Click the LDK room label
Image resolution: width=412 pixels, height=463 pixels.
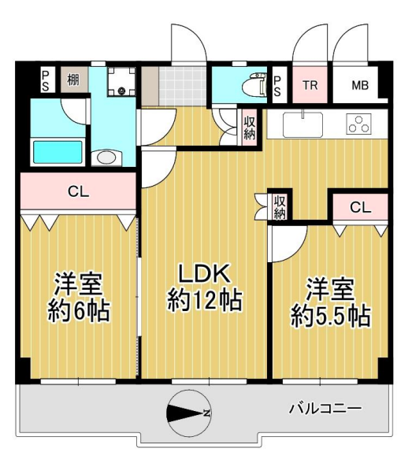[x=205, y=274]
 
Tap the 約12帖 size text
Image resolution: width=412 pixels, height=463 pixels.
[x=205, y=301]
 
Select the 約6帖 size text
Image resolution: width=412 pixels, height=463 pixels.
[x=79, y=310]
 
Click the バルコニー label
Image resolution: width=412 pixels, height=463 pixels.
[x=325, y=409]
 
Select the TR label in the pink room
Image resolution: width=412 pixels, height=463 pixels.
[x=310, y=85]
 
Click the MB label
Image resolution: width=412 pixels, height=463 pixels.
[x=360, y=85]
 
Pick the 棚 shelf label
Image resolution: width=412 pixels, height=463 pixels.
[x=73, y=80]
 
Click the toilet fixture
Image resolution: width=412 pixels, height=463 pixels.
[x=254, y=86]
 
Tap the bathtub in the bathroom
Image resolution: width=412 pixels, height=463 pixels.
[x=58, y=152]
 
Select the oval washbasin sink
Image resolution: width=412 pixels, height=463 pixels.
[x=106, y=157]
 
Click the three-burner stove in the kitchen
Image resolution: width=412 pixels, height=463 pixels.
[x=358, y=124]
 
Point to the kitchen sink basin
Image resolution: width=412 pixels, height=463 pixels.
[x=303, y=125]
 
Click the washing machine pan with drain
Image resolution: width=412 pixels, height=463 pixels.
[x=121, y=82]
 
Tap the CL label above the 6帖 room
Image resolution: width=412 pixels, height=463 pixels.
[x=78, y=191]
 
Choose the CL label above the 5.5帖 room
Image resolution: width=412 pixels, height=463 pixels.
[x=360, y=208]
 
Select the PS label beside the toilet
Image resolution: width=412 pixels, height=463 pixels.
[x=277, y=85]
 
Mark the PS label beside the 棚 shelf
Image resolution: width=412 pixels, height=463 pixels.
[x=45, y=80]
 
